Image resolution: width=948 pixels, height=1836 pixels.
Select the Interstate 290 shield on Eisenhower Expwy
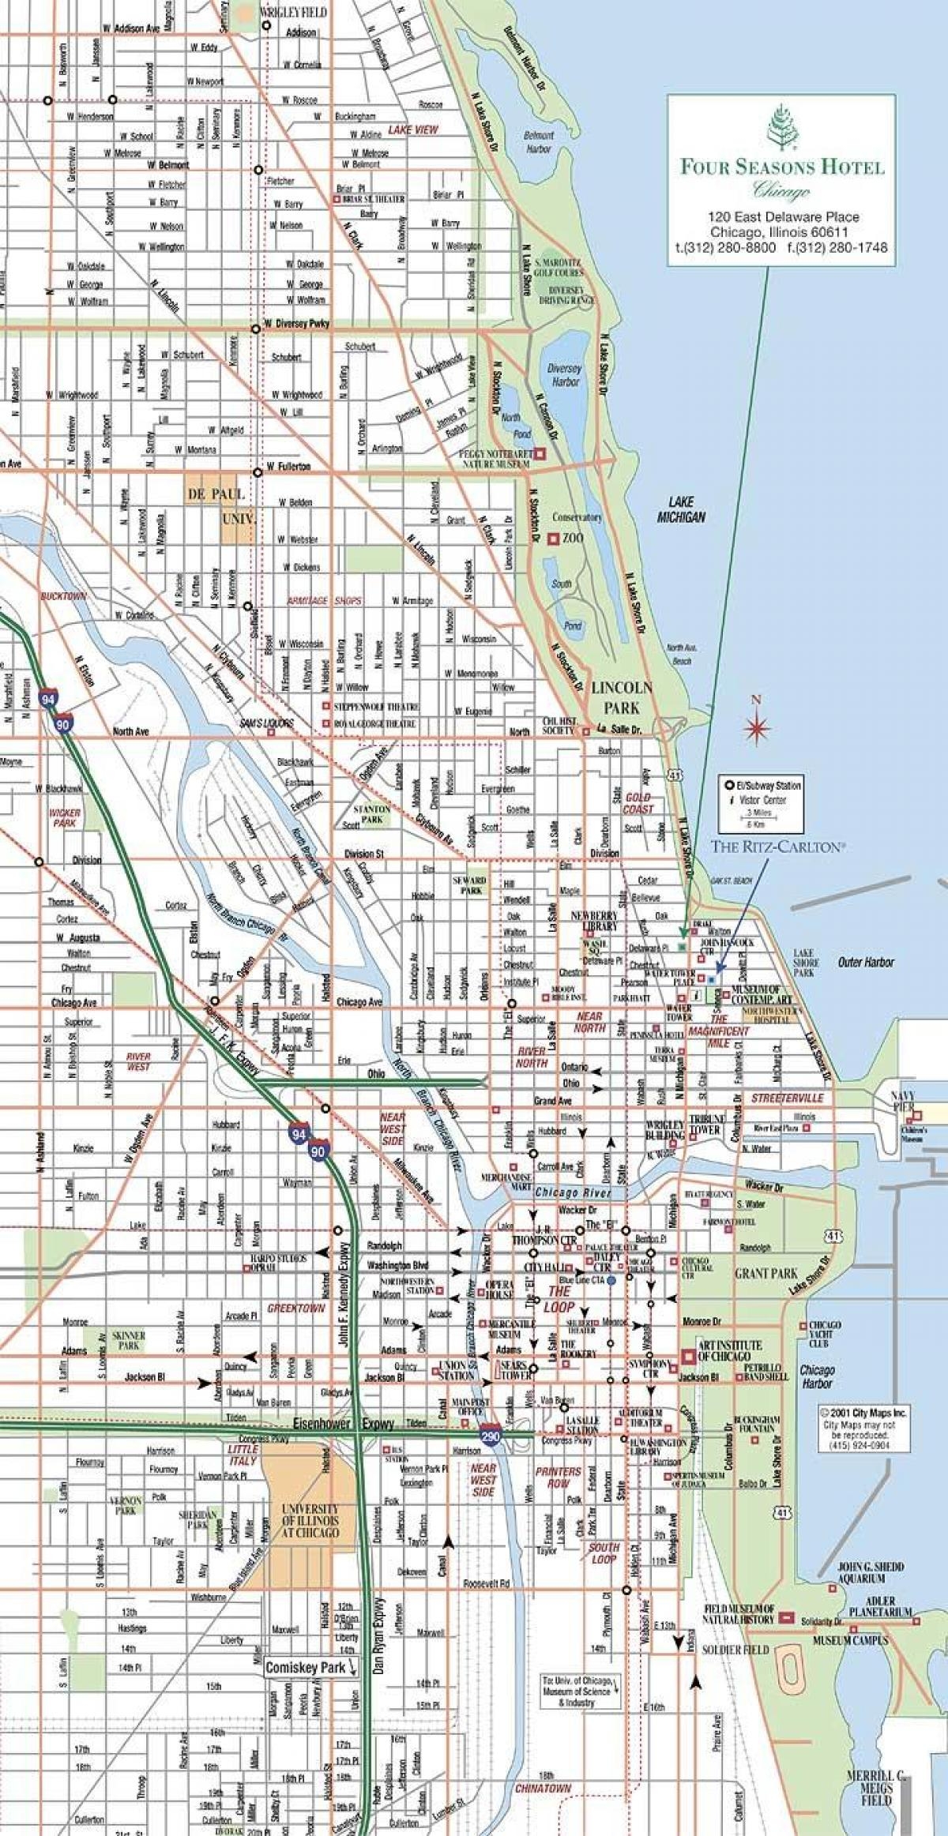[490, 1437]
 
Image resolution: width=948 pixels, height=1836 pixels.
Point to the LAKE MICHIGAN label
[681, 509]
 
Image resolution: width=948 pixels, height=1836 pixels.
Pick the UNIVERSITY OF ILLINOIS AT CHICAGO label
[310, 1520]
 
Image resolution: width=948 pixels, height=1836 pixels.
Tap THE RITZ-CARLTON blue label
[778, 846]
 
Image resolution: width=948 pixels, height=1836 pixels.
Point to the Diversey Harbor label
[564, 374]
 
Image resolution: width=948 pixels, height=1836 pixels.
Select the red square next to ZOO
[555, 538]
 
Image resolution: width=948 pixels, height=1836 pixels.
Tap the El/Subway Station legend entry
[762, 785]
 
